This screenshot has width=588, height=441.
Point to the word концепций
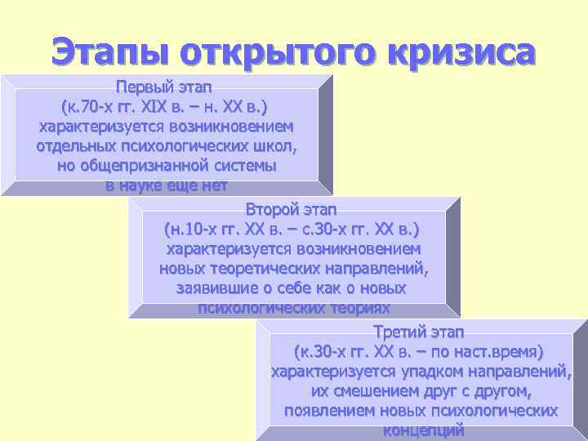(x=422, y=430)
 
